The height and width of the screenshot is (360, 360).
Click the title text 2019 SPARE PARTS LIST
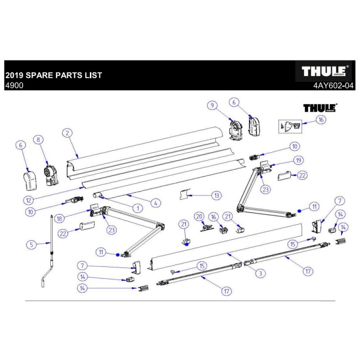coord(54,75)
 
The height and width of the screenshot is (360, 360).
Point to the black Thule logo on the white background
coord(320,108)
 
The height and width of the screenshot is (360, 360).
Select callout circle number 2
coord(67,133)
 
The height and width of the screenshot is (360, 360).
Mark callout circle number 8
coord(38,140)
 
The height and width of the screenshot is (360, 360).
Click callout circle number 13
coord(217,195)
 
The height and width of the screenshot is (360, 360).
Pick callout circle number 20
coord(199,216)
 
